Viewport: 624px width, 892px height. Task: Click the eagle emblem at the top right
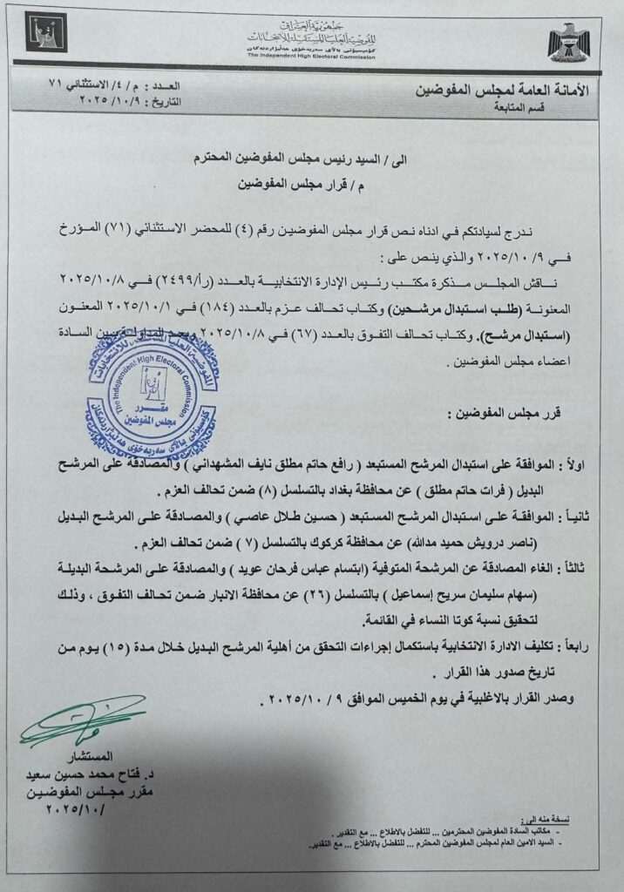568,41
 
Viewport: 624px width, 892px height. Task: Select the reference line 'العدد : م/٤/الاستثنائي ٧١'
103,86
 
